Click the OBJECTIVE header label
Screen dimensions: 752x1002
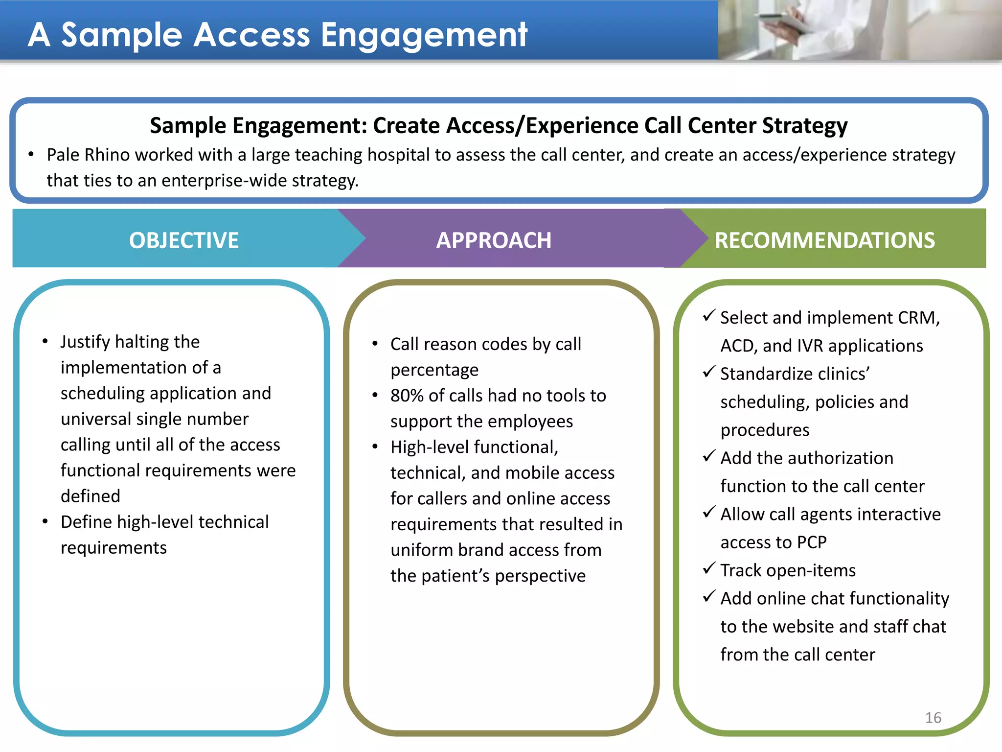pyautogui.click(x=183, y=240)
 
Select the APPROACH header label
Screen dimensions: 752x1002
pyautogui.click(x=493, y=240)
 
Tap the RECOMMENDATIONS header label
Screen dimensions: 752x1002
pyautogui.click(x=824, y=240)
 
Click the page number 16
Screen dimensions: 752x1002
pyautogui.click(x=933, y=718)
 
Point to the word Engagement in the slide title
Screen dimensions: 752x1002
pyautogui.click(x=424, y=35)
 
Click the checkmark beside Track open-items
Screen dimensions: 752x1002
pyautogui.click(x=709, y=568)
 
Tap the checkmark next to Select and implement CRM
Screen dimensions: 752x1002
pyautogui.click(x=709, y=316)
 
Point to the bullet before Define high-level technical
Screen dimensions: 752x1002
pyautogui.click(x=45, y=522)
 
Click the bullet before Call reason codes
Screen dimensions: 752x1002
pyautogui.click(x=375, y=344)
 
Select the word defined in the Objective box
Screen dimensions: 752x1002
pyautogui.click(x=90, y=496)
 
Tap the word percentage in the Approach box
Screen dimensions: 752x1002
pyautogui.click(x=434, y=370)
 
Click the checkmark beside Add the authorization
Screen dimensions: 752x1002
pyautogui.click(x=709, y=456)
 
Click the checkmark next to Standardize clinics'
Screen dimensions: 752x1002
pyautogui.click(x=709, y=372)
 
